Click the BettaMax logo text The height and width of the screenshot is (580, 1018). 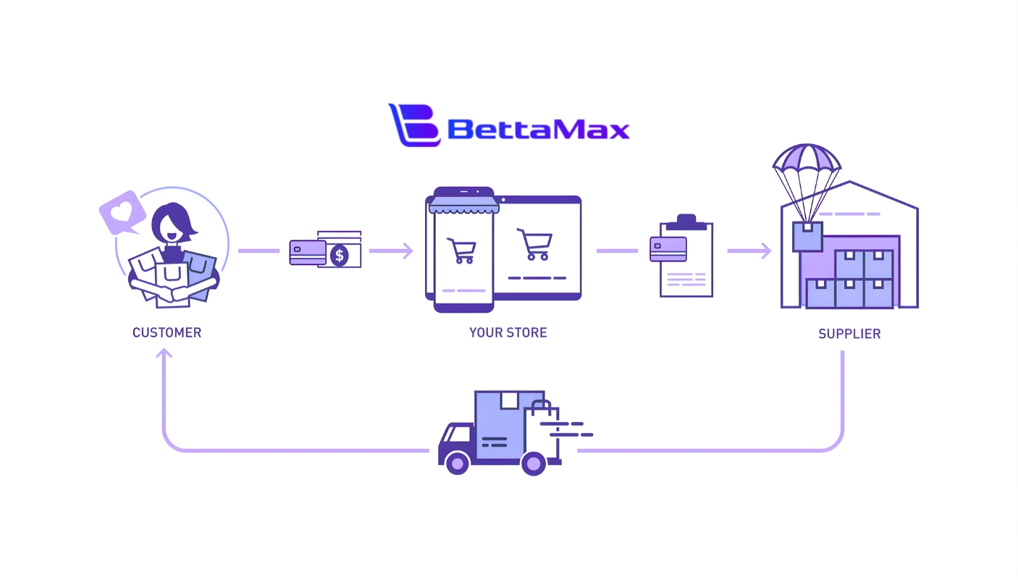(x=538, y=129)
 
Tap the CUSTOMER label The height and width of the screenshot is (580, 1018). (x=167, y=333)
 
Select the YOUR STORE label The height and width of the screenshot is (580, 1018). (x=508, y=333)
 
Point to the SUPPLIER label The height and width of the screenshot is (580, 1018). (x=849, y=334)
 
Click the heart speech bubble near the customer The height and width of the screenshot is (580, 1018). (x=121, y=212)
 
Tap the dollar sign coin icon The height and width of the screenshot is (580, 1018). (x=339, y=255)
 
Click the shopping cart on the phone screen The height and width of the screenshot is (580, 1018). (x=462, y=251)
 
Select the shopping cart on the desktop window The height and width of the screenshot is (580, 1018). (x=535, y=244)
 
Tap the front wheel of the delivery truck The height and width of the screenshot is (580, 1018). (x=458, y=463)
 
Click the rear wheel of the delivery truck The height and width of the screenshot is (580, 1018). (x=534, y=463)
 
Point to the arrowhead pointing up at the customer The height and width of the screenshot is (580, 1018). (x=164, y=353)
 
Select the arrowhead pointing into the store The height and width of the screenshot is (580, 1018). (x=408, y=251)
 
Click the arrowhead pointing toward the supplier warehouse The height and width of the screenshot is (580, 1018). (x=765, y=251)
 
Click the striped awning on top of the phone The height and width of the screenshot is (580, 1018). (x=463, y=206)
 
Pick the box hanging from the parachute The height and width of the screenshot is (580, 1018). (x=807, y=236)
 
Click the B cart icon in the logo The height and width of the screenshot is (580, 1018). (x=415, y=125)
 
